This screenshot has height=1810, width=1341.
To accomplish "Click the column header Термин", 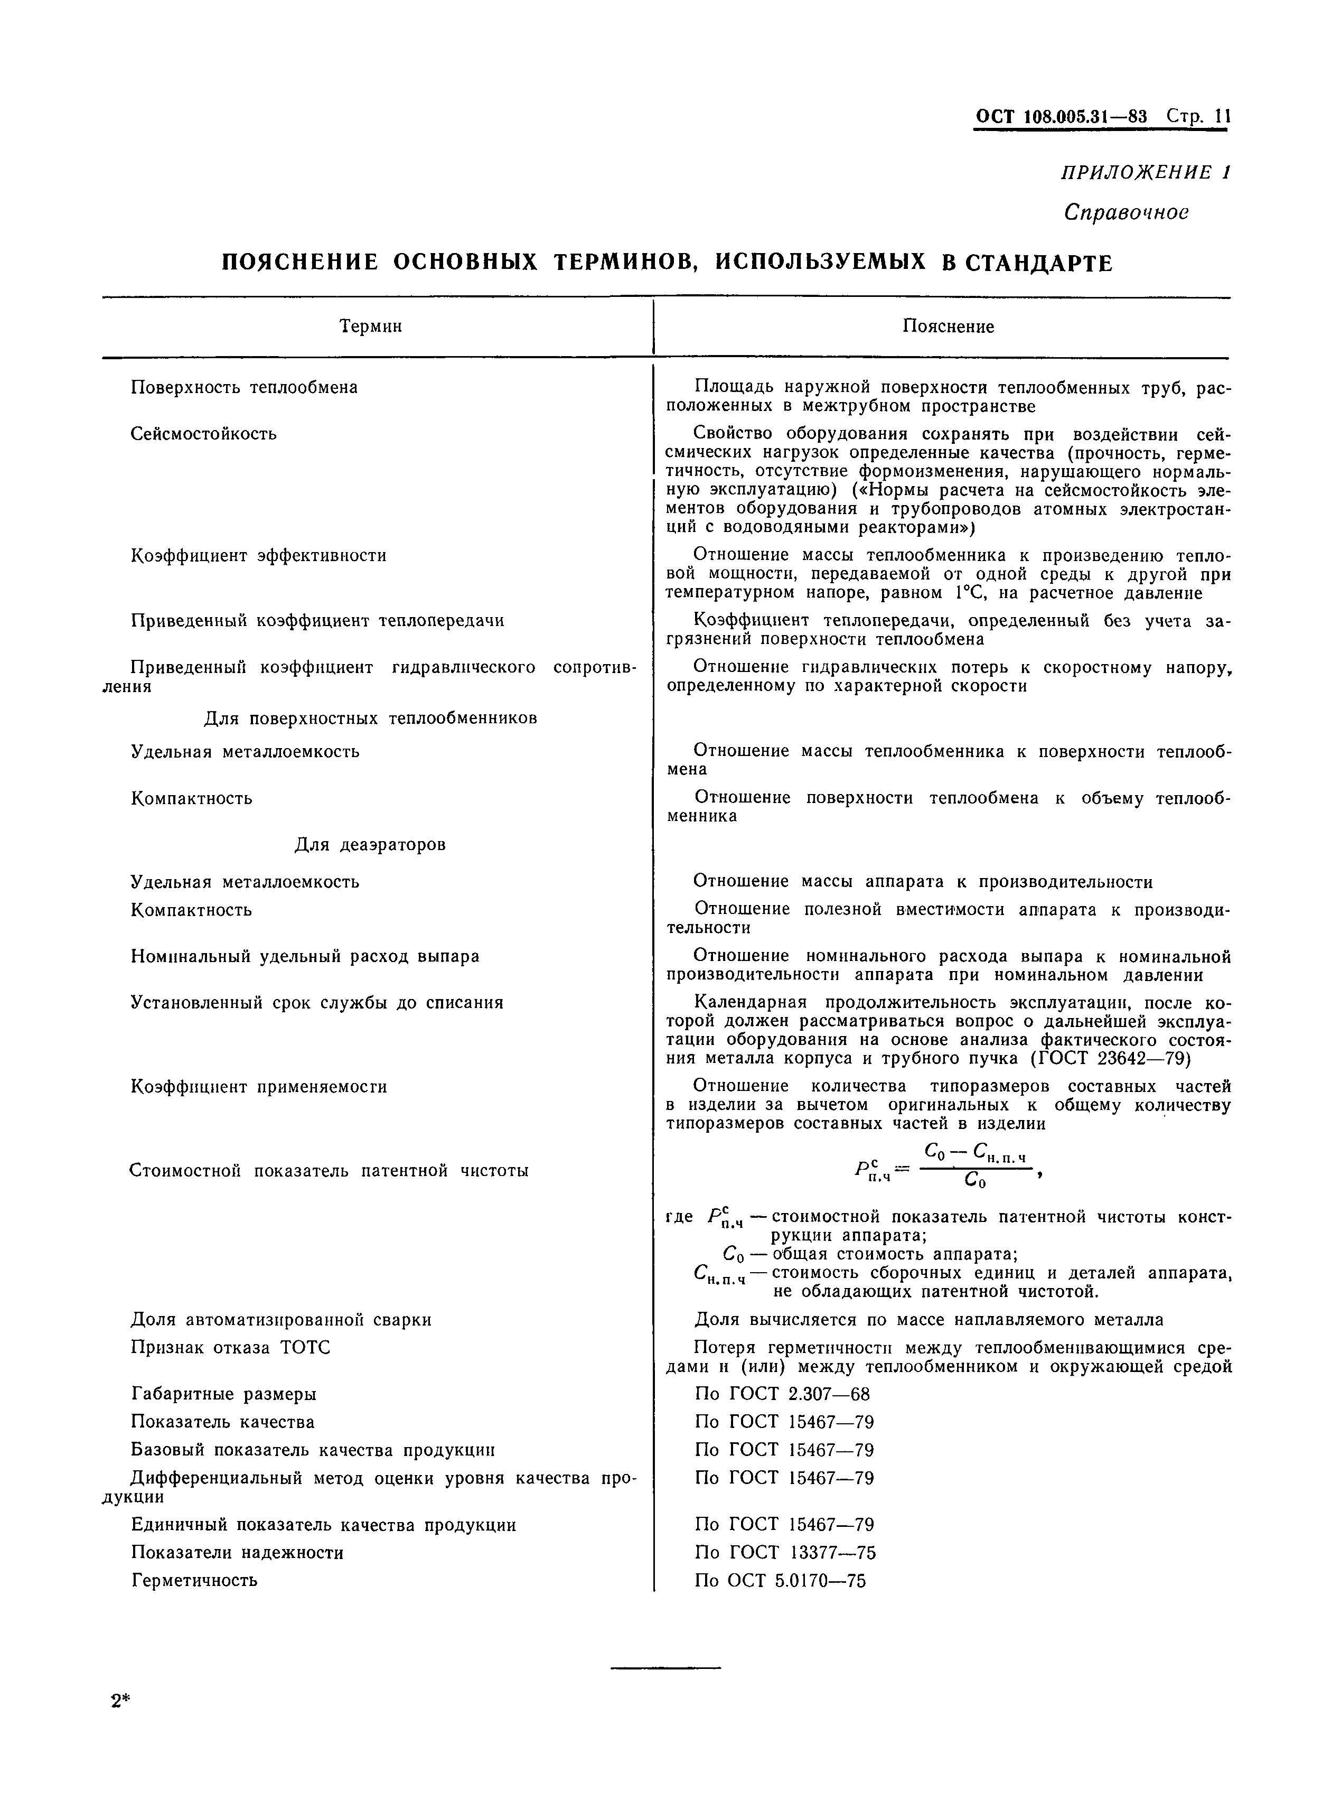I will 370,327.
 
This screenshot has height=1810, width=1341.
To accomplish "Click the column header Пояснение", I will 948,327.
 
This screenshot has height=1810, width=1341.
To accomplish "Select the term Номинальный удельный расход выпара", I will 304,957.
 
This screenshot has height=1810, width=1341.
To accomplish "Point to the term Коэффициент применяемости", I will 258,1087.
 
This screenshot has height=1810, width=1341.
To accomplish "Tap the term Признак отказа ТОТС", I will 230,1347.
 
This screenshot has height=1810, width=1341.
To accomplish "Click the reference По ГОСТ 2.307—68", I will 782,1394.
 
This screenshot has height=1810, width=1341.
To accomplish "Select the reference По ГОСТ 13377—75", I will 785,1553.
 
